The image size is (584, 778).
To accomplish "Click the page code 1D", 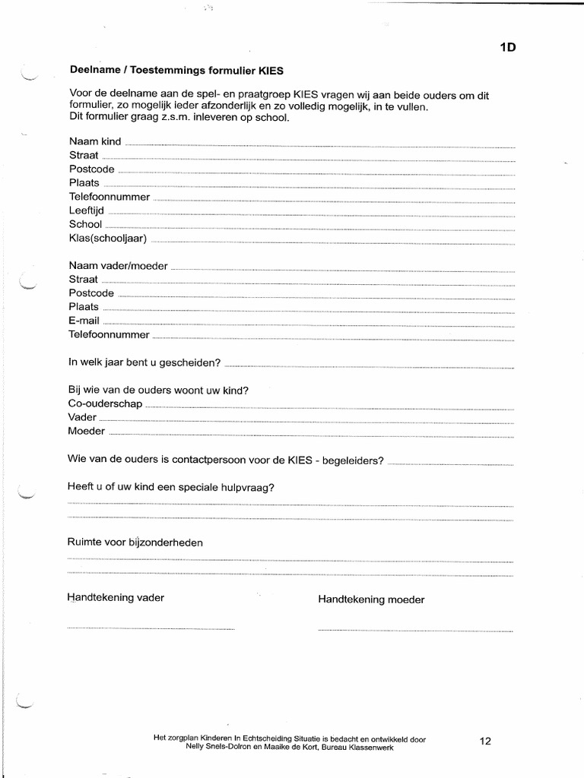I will tap(507, 48).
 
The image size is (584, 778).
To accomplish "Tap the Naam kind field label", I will tap(95, 141).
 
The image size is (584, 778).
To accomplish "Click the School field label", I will tap(85, 224).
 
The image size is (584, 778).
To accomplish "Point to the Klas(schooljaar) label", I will tap(107, 238).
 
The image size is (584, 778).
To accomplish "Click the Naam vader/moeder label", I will tap(118, 266).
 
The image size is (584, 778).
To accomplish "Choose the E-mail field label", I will tap(84, 321).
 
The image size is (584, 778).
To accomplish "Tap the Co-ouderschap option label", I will tap(105, 403).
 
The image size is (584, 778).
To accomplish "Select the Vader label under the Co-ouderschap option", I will tap(82, 417).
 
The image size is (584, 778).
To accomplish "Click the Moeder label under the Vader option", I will tap(87, 431).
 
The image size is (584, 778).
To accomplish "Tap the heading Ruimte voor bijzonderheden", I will tap(135, 542).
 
